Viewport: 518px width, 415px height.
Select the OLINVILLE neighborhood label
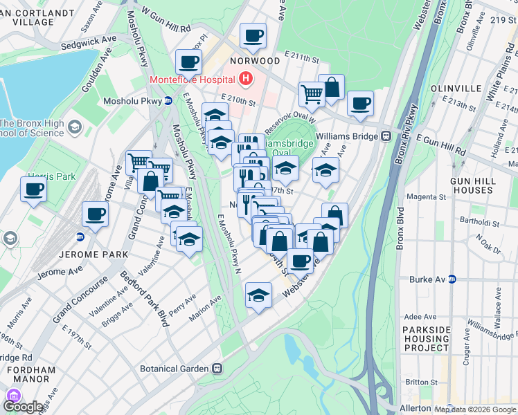[x=456, y=89]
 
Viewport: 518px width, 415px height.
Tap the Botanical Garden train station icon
[x=217, y=369]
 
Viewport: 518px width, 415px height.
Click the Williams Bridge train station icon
[x=386, y=136]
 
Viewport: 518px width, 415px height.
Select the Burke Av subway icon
[x=452, y=279]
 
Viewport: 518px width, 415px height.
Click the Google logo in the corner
[x=23, y=407]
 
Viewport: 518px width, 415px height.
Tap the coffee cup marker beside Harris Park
[x=33, y=190]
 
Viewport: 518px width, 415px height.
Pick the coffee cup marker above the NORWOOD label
[x=253, y=35]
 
